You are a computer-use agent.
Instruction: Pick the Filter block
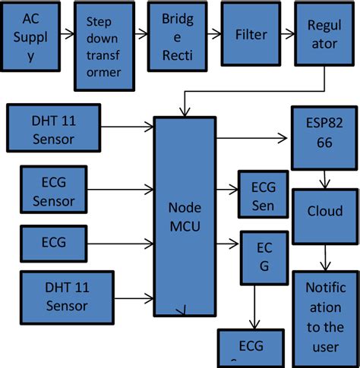pos(250,35)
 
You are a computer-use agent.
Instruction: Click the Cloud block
pos(324,211)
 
